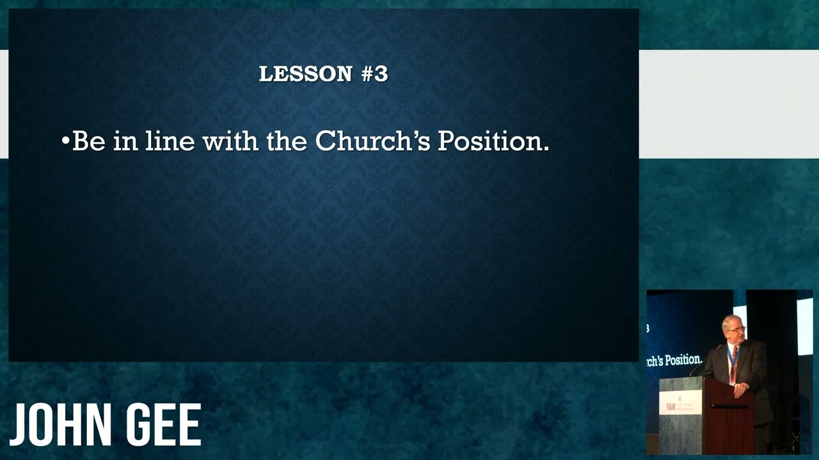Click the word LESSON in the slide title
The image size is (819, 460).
[306, 73]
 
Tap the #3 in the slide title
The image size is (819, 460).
[375, 73]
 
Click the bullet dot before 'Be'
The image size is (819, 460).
[65, 140]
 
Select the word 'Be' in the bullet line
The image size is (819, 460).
[89, 141]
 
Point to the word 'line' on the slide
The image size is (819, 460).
[170, 141]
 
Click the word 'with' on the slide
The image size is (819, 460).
[231, 141]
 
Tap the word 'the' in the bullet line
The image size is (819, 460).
[287, 141]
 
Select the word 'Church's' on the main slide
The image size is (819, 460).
[373, 141]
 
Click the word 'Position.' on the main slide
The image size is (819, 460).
[493, 141]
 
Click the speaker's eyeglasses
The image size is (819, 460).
[736, 329]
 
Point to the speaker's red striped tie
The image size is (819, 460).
[735, 354]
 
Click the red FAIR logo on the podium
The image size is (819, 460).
[671, 407]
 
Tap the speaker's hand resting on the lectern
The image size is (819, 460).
[740, 390]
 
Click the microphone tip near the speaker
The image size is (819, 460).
[719, 346]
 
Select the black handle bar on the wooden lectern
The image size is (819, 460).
[729, 406]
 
